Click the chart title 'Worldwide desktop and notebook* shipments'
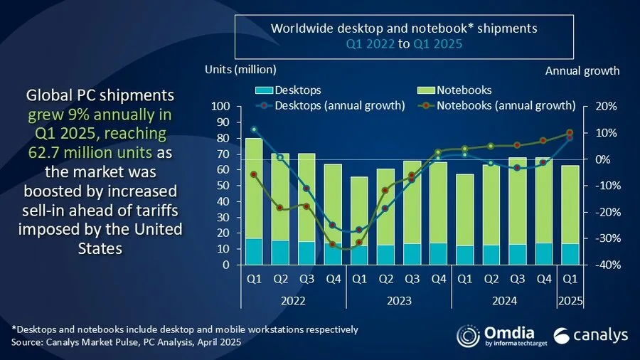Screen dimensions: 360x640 pos(405,29)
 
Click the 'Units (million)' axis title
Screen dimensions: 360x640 pos(240,70)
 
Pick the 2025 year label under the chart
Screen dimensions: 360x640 pos(570,300)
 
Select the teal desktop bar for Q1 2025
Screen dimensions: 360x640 pos(569,254)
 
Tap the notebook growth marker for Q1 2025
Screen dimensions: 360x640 pos(570,132)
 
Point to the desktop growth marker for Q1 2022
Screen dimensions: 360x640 pos(254,129)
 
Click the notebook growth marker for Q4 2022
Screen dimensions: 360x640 pos(333,244)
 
